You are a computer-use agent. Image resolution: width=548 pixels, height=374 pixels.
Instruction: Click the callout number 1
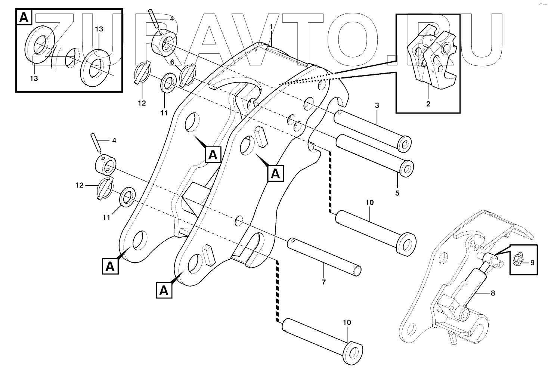pyautogui.click(x=272, y=27)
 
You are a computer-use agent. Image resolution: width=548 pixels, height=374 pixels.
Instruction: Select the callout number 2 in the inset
pyautogui.click(x=428, y=104)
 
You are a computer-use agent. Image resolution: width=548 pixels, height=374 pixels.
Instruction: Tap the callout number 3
pyautogui.click(x=377, y=106)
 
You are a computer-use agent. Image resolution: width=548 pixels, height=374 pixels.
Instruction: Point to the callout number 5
pyautogui.click(x=397, y=193)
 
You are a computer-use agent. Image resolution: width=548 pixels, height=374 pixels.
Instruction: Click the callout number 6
pyautogui.click(x=173, y=62)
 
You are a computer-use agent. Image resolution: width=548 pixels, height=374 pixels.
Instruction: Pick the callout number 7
pyautogui.click(x=323, y=282)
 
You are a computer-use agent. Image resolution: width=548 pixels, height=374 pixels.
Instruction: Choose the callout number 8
pyautogui.click(x=493, y=293)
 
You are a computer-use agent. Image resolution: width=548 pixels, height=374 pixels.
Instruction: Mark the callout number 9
pyautogui.click(x=532, y=263)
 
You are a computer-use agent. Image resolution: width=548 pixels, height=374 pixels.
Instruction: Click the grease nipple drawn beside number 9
pyautogui.click(x=518, y=259)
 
